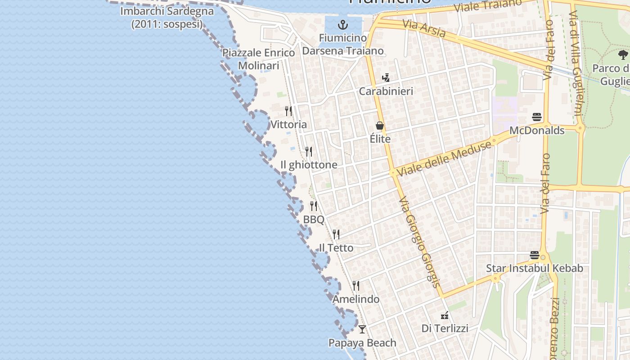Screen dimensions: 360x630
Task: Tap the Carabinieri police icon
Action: pos(386,78)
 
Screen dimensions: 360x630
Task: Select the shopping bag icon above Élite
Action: pos(380,126)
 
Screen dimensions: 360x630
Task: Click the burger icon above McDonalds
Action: pos(536,117)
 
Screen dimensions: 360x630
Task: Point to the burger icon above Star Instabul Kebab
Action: pos(534,255)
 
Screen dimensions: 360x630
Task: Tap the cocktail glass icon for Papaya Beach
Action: pos(362,329)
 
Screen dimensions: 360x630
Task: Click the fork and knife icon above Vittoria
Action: pos(288,111)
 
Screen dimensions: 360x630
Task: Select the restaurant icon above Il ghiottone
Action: pos(309,151)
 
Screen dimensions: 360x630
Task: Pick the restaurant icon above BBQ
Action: pos(314,206)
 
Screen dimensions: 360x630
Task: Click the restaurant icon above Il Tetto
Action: pos(336,234)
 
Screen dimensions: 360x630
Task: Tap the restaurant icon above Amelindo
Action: pos(356,286)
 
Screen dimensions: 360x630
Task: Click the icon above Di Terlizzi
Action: pos(445,315)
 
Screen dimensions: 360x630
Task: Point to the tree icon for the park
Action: pos(623,55)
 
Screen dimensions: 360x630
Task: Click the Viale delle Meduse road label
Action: pos(444,158)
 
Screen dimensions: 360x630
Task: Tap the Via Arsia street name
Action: pos(424,28)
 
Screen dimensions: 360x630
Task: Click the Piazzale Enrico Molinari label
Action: pos(259,59)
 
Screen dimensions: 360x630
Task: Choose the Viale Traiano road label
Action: pos(488,5)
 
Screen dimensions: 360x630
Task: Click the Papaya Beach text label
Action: pos(362,343)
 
